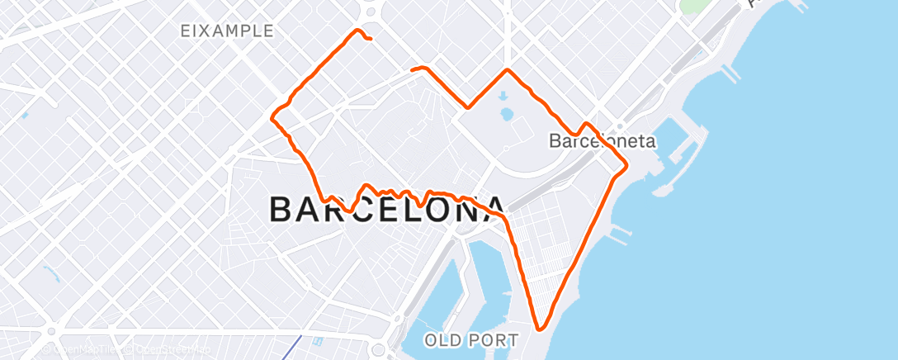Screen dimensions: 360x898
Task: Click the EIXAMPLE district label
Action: click(x=227, y=31)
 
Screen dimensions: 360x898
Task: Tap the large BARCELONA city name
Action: click(x=387, y=210)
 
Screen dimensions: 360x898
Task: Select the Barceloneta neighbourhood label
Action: click(x=602, y=141)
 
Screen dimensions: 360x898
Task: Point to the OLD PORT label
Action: click(x=471, y=339)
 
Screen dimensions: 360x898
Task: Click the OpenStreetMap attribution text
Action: click(x=168, y=349)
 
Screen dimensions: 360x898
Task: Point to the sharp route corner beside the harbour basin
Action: click(x=626, y=165)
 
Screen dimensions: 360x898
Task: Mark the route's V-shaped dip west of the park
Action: click(x=468, y=107)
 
